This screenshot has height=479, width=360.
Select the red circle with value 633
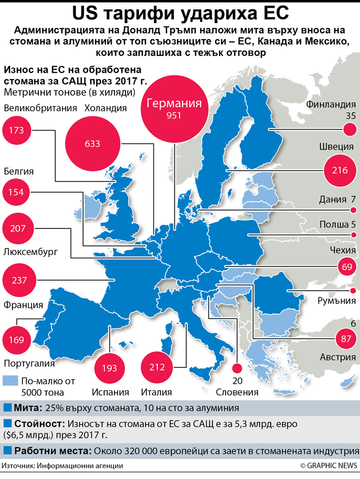tap(92, 144)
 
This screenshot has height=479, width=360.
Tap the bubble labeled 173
tap(16, 131)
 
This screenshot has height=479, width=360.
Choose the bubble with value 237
tap(19, 280)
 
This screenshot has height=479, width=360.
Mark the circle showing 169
tap(16, 339)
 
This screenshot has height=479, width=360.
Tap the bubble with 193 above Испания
tap(110, 368)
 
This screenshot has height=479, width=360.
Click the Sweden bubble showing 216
tap(339, 171)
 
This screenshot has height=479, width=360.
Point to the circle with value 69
tap(347, 267)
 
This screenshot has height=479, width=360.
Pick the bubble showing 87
tap(345, 338)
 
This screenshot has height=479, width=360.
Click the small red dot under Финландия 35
tap(350, 131)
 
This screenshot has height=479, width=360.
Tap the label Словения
tap(236, 392)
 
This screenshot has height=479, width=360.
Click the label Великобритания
tap(40, 108)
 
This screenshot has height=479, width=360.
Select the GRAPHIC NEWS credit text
tap(329, 466)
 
